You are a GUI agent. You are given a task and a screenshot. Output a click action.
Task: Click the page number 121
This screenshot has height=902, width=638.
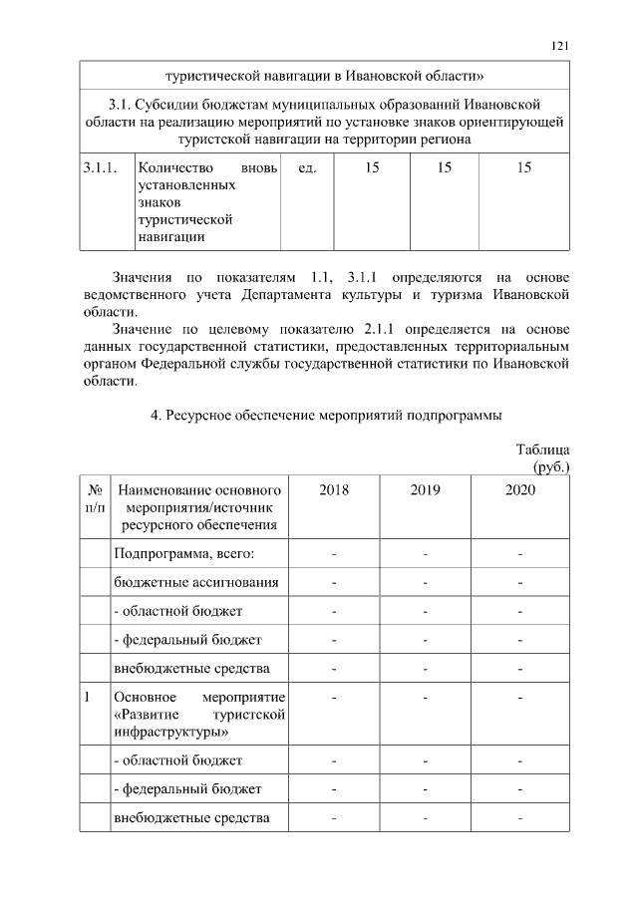[x=559, y=45]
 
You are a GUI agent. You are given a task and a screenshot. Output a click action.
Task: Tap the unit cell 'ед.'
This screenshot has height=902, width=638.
[x=307, y=168]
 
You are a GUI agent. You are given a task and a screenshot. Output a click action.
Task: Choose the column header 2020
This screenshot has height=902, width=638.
[x=519, y=489]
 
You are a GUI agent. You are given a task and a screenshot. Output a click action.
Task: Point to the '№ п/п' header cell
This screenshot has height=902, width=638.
[x=97, y=498]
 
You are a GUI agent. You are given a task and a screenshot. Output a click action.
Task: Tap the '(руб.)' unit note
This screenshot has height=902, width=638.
[x=546, y=465]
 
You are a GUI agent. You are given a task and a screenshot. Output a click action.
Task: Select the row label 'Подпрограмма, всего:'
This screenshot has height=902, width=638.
[x=184, y=553]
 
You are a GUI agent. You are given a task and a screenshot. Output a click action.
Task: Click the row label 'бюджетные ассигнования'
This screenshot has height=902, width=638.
[x=196, y=581]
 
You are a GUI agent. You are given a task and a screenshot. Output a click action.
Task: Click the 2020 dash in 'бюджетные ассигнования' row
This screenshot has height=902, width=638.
[x=519, y=582]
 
